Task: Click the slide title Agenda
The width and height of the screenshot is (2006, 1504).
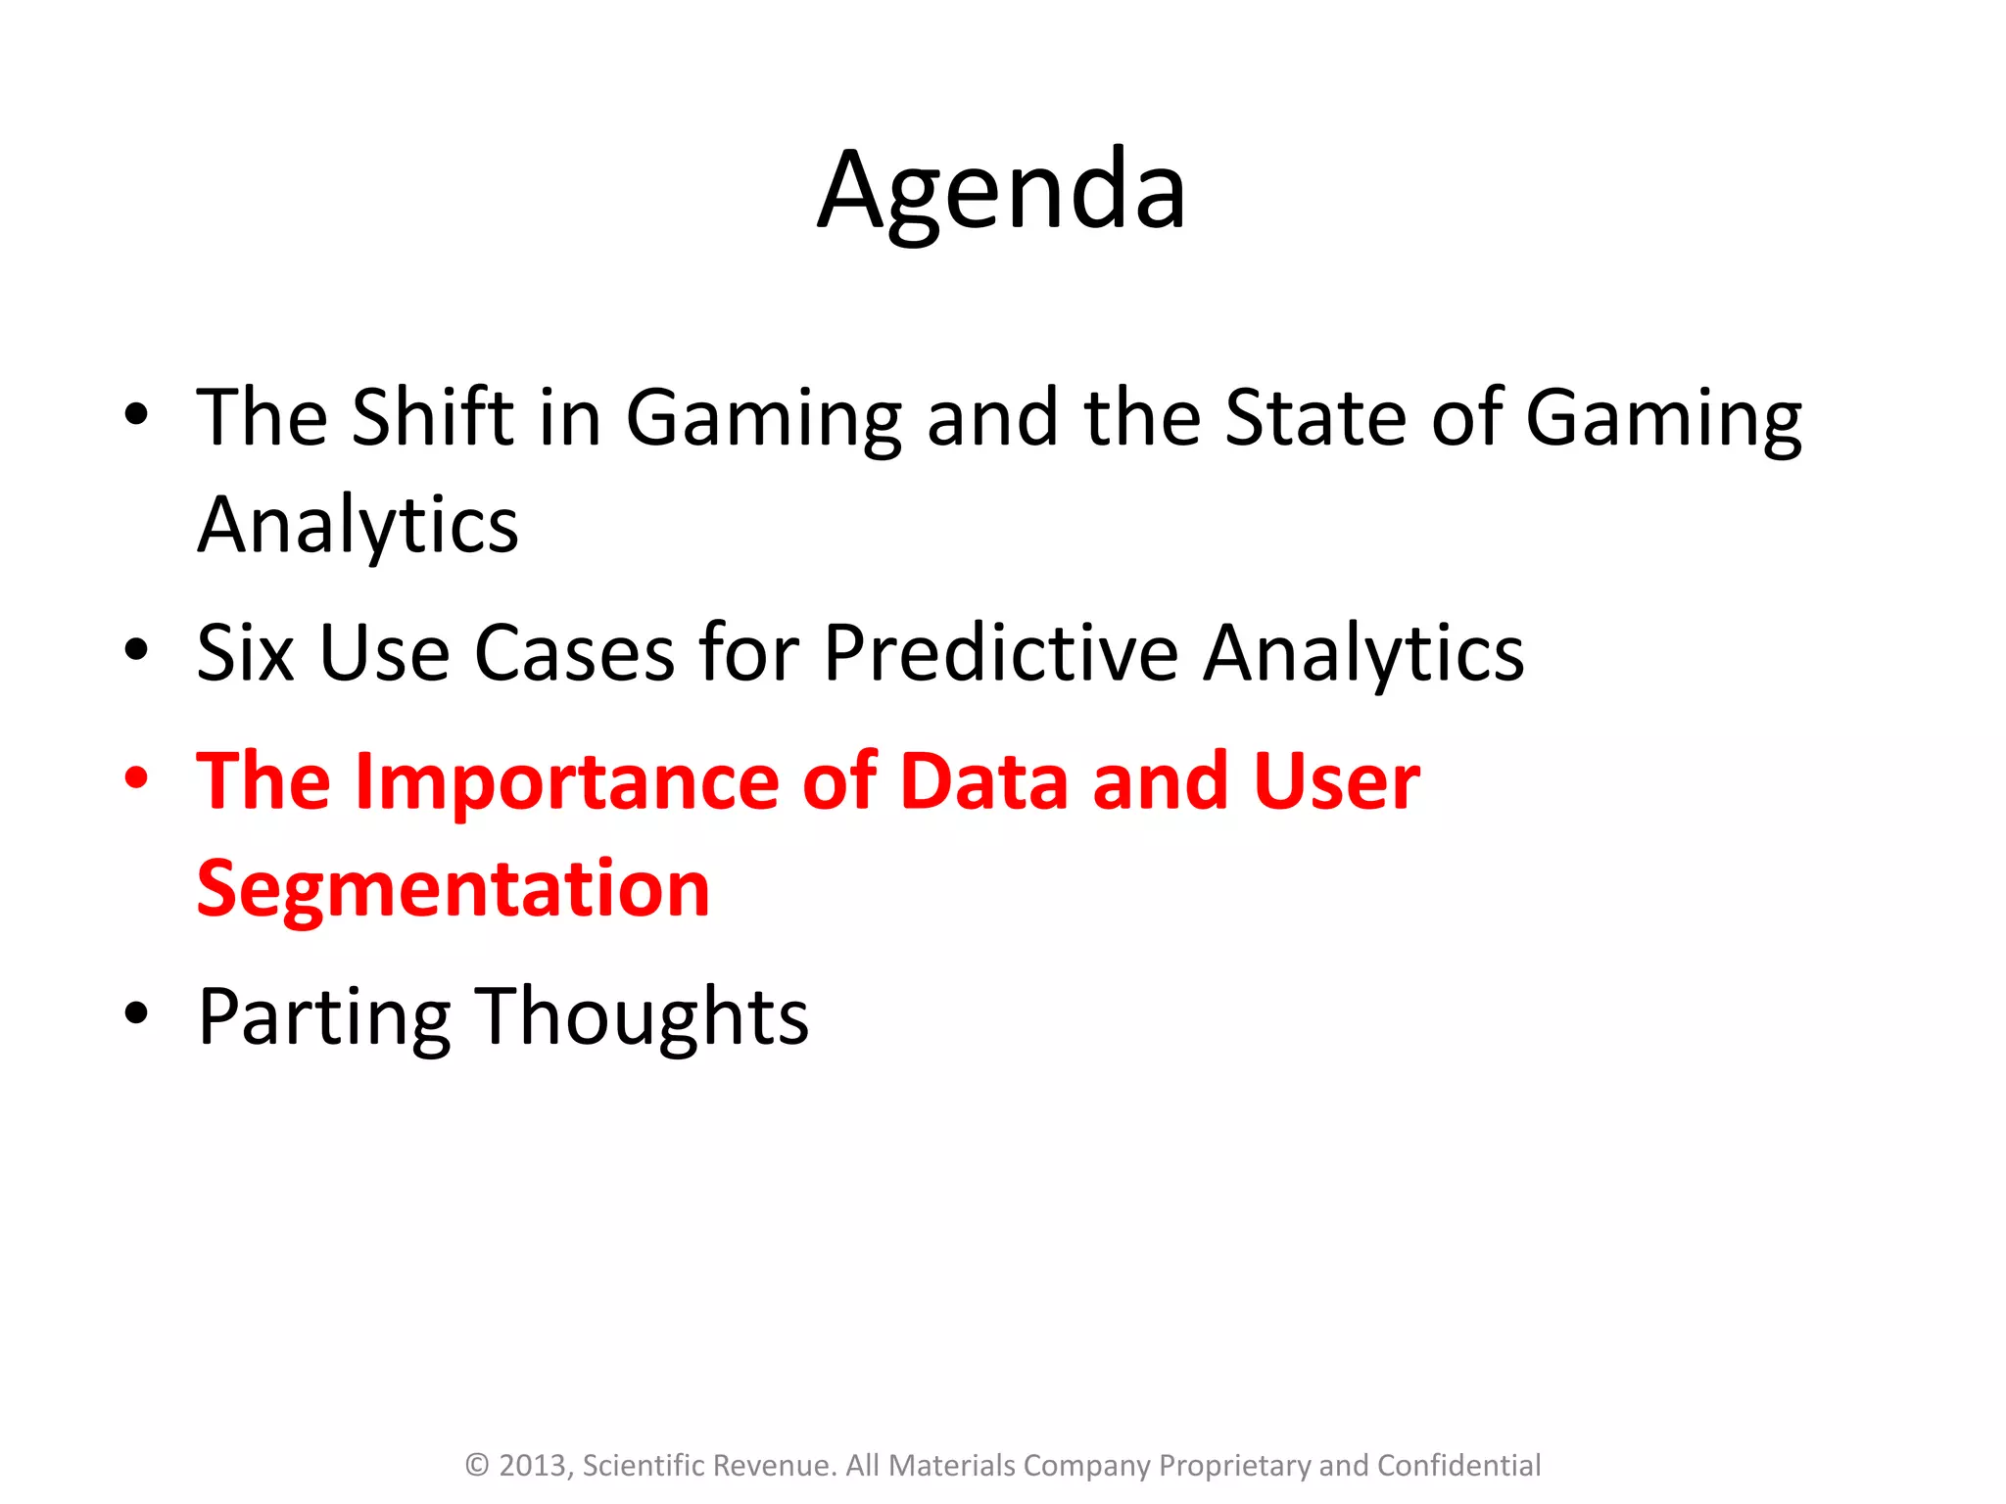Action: coord(1002,191)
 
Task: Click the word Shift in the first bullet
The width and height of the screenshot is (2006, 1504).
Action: coord(432,417)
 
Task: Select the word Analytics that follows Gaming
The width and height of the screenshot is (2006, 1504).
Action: coord(358,527)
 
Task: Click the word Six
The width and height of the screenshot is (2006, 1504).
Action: coord(245,653)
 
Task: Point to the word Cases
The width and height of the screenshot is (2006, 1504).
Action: coord(574,653)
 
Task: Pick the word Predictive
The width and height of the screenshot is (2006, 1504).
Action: coord(1000,653)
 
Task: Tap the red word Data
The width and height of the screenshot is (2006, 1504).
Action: coord(983,781)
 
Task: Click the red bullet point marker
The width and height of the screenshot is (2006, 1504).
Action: coord(136,778)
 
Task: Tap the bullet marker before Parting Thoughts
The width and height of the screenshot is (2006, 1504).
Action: coord(136,1013)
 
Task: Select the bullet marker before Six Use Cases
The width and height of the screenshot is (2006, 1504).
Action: coord(136,649)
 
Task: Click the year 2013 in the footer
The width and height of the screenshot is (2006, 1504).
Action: coord(534,1465)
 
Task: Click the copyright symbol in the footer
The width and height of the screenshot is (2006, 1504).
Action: coord(477,1465)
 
